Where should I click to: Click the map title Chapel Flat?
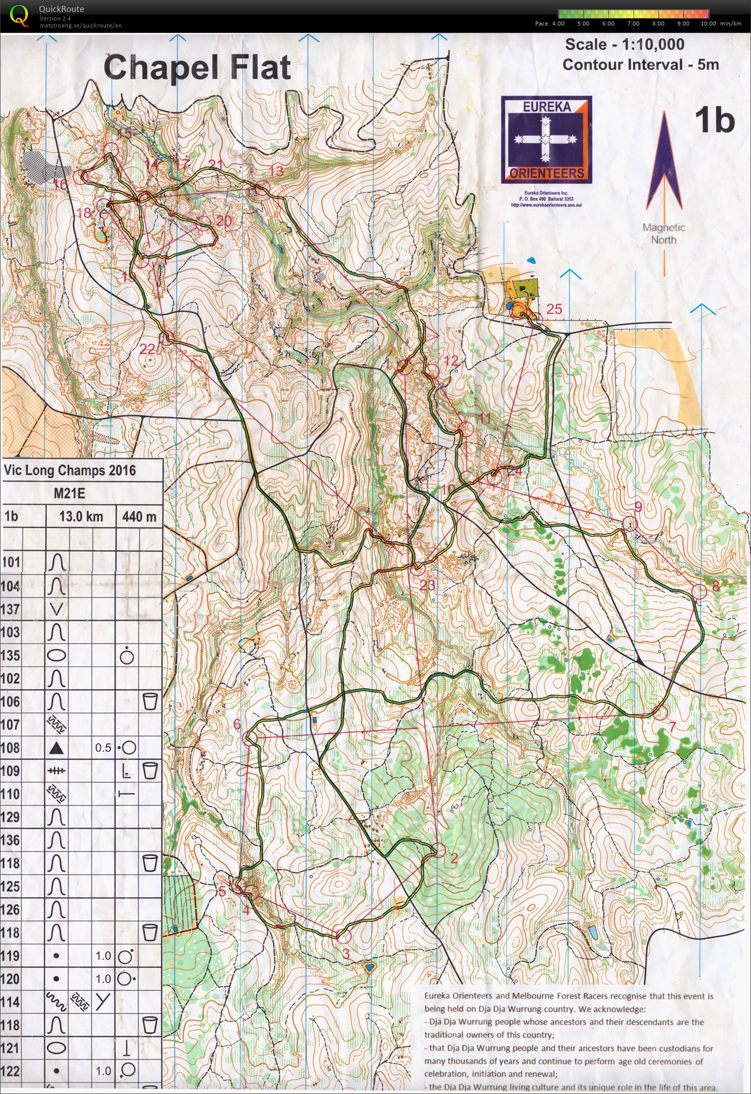tap(197, 68)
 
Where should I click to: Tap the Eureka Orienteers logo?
tap(546, 140)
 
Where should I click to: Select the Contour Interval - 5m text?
tap(640, 65)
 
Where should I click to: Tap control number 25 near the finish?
tap(554, 309)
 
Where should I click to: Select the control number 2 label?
tap(454, 859)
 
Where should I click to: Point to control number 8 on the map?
tap(715, 586)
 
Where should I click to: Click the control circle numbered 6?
tap(250, 738)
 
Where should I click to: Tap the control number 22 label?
tap(147, 349)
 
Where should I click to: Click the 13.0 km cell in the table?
tap(81, 516)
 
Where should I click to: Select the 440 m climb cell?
tap(139, 516)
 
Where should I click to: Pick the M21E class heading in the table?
tap(69, 494)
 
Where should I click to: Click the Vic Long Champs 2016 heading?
tap(69, 471)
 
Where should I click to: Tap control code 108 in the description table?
tap(11, 747)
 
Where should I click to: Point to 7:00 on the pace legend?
tap(633, 24)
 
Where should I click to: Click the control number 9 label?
tap(638, 507)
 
